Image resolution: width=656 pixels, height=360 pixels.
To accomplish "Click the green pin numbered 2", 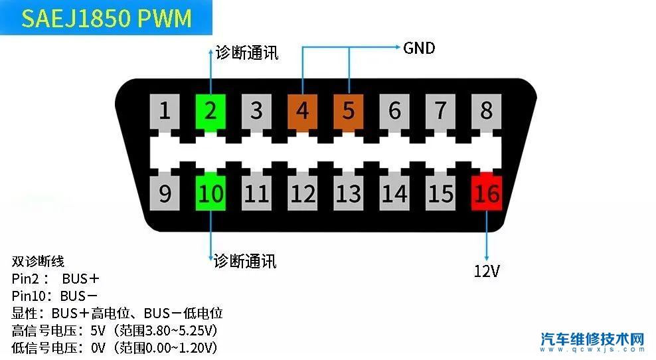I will pos(210,110).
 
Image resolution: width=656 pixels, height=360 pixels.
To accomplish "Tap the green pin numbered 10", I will pos(211,193).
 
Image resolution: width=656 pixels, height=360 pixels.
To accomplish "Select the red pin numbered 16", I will pos(487,193).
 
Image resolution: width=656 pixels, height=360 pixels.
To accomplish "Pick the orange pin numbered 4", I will pos(303,110).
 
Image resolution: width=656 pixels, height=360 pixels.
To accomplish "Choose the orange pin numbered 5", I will pos(349,110).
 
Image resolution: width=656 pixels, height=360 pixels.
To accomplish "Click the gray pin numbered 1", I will pos(165,110).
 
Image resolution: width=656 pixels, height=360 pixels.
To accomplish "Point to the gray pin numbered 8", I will pos(487,110).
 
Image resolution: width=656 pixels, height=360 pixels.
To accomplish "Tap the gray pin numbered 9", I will pos(165,193).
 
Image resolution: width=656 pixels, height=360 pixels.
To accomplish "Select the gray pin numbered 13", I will pos(349,193).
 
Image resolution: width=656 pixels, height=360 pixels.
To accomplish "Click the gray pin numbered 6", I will pos(395,110).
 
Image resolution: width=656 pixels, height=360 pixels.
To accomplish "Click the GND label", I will pos(419,48).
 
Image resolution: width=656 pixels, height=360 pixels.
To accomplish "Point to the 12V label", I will pos(487,270).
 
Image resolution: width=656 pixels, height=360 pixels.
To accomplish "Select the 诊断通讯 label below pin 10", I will pos(245,261).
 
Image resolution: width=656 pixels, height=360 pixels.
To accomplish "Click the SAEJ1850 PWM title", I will pos(106,19).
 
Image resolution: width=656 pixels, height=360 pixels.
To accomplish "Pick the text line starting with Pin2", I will pos(56,278).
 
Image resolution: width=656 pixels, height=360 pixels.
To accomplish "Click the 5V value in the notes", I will pos(98,330).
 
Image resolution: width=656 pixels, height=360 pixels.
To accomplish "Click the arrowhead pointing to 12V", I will pos(487,257).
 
